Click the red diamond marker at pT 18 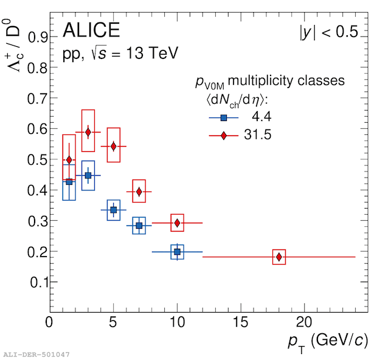(x=279, y=257)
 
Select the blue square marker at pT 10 (x=177, y=252)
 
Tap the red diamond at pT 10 (x=177, y=223)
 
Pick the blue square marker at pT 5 (x=114, y=210)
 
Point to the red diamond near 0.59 (x=88, y=132)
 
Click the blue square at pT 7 (x=139, y=226)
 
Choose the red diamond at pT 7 (x=139, y=192)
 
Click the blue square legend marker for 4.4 (x=224, y=117)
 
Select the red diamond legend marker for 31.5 (x=224, y=136)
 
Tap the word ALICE (x=91, y=30)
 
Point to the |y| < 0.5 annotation (x=329, y=32)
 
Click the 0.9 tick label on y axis (x=38, y=37)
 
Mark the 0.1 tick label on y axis (x=39, y=282)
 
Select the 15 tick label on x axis (x=241, y=322)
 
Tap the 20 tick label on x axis (x=304, y=322)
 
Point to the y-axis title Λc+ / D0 (x=12, y=46)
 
